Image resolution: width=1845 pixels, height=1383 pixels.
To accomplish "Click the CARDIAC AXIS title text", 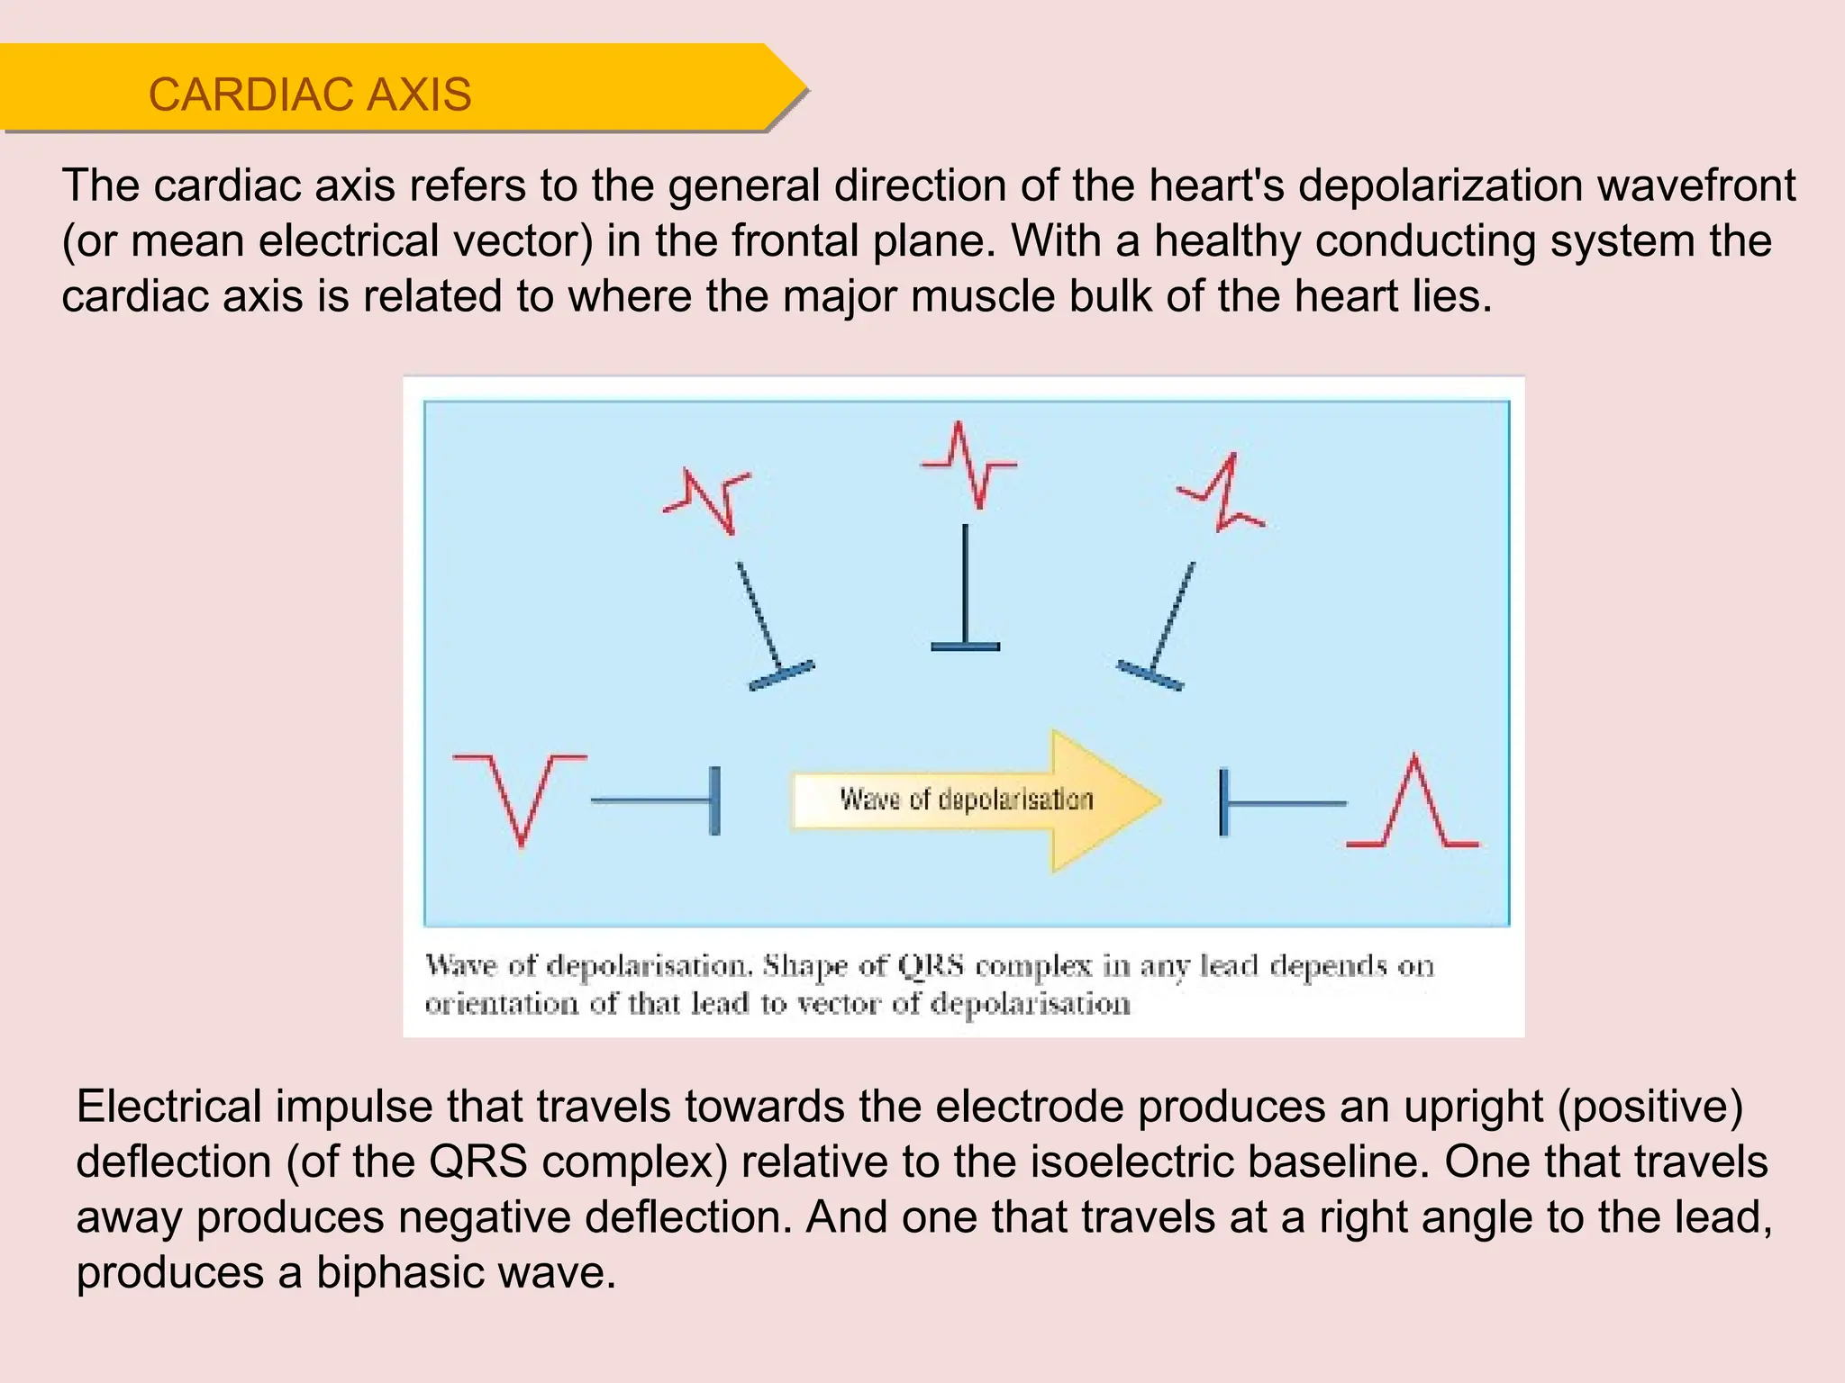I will pyautogui.click(x=309, y=95).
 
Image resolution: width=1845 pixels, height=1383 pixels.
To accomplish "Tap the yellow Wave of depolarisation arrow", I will pyautogui.click(x=973, y=800).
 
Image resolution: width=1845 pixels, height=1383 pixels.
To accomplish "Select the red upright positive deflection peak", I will pyautogui.click(x=1414, y=801).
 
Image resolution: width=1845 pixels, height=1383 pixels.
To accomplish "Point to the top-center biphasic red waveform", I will pyautogui.click(x=968, y=465).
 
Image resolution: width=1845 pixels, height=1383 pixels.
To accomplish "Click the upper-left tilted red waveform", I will pyautogui.click(x=708, y=500).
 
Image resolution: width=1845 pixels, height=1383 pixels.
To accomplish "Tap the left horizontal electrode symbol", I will pyautogui.click(x=658, y=800).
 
